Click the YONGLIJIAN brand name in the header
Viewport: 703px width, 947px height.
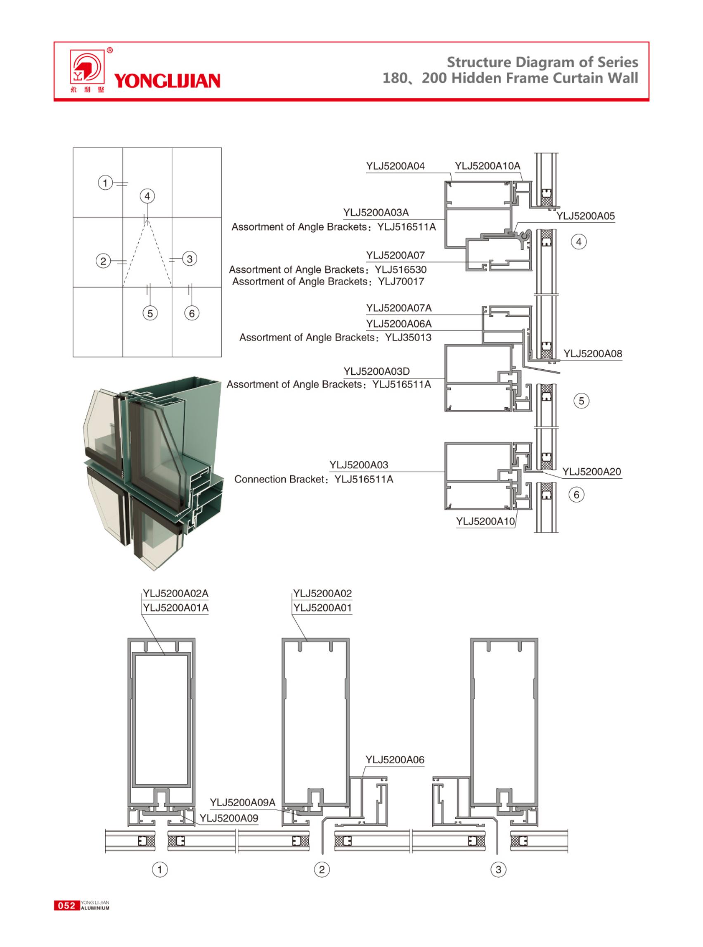167,81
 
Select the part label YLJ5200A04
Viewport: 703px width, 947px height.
395,166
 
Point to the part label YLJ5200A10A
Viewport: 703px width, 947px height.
487,166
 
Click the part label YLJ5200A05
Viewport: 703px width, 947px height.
585,216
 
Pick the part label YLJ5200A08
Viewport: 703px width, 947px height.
592,354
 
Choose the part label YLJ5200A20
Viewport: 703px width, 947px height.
592,472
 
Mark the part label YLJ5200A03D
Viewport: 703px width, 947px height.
376,371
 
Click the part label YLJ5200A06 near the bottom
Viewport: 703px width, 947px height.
395,760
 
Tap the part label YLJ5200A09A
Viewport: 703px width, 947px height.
243,802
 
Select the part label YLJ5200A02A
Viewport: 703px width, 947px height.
175,593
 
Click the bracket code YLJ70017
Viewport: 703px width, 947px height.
401,282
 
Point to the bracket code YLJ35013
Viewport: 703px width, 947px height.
408,338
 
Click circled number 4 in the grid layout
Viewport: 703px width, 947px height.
147,196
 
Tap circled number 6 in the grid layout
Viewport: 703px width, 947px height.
192,314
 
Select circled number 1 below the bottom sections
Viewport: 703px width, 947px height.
160,869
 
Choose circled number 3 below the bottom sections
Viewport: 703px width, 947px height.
498,869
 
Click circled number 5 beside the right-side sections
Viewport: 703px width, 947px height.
581,401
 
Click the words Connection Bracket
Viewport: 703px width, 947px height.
279,479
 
